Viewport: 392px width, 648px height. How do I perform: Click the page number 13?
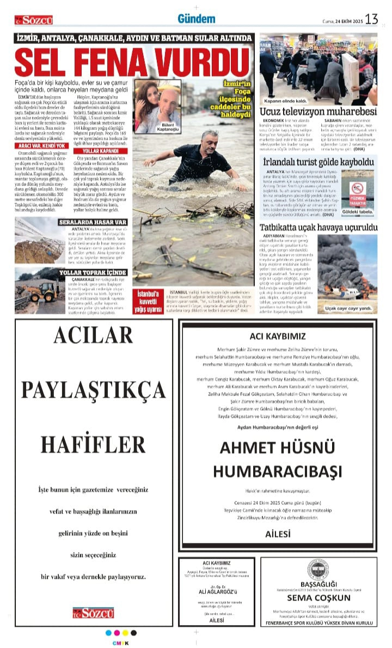371,19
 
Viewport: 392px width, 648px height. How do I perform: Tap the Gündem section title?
196,19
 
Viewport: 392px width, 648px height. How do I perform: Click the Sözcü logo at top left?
34,20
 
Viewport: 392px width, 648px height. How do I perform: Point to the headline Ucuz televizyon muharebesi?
318,111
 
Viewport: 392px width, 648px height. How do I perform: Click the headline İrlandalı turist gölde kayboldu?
318,162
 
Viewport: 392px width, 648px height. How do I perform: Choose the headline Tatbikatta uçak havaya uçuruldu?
318,227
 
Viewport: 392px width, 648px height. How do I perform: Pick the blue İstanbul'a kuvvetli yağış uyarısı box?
150,302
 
